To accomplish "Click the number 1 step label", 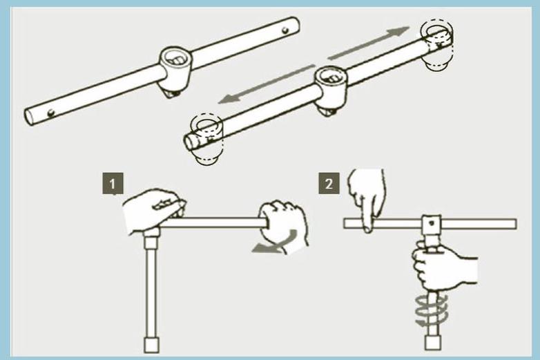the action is point(113,184).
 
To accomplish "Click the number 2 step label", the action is point(329,184).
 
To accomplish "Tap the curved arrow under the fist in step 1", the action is point(276,243).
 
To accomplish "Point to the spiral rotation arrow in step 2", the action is point(431,310).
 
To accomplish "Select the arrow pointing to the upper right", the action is point(369,43).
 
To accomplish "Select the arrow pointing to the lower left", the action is point(267,84).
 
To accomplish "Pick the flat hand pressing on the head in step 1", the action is point(154,209).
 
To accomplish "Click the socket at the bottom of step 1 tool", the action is point(151,345).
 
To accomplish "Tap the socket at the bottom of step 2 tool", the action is point(433,343).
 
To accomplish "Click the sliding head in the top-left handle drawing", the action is point(175,71).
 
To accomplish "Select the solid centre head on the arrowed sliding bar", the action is point(331,91).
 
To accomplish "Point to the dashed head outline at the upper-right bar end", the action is point(437,44).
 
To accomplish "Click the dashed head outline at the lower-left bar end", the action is point(206,140).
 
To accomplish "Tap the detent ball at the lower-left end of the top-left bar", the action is point(51,113).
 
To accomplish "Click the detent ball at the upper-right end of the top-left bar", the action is point(285,30).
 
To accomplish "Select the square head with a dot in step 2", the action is point(432,224).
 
